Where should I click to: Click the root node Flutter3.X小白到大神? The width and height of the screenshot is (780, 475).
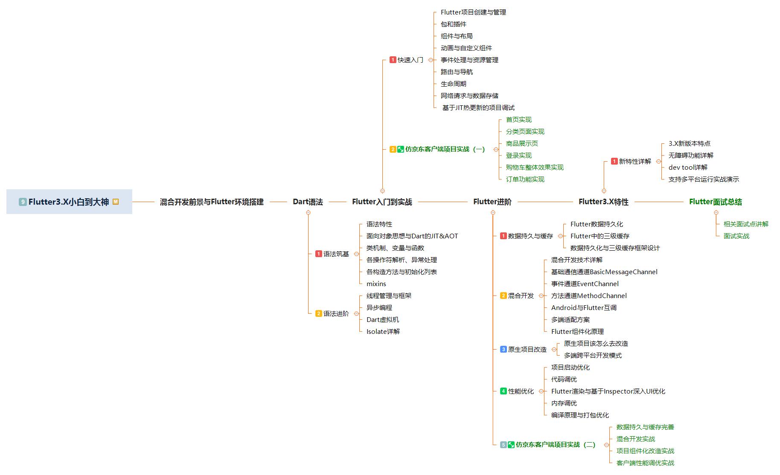point(69,202)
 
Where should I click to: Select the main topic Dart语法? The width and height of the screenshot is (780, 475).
point(308,202)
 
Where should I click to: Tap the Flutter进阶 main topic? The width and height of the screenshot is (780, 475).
point(492,202)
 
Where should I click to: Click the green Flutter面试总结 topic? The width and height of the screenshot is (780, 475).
point(715,202)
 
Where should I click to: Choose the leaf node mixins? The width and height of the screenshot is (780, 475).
point(376,284)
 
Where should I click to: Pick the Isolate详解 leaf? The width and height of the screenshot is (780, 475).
point(383,331)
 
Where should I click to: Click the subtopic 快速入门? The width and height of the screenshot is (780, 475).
point(410,60)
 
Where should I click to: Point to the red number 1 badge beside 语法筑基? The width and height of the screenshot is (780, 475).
point(318,254)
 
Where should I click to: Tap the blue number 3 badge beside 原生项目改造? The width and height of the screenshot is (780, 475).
point(504,349)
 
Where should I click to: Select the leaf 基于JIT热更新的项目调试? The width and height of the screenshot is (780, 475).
point(478,108)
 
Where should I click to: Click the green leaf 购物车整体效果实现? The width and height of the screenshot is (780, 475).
point(535,168)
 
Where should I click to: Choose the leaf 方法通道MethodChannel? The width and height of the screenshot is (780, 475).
point(589,295)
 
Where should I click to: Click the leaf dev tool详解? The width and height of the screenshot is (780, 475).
point(688,168)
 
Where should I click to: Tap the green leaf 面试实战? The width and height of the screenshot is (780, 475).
point(736,236)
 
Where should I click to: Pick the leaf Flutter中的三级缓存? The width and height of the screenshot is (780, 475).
point(600,236)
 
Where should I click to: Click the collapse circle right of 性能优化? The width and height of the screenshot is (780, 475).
point(541,391)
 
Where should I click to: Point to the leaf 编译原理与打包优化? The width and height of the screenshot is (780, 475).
point(580,415)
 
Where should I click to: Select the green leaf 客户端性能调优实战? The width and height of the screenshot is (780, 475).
point(645,463)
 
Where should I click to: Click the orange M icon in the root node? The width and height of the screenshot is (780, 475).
point(116,202)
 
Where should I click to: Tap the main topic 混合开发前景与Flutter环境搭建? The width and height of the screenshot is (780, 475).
point(212,202)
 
